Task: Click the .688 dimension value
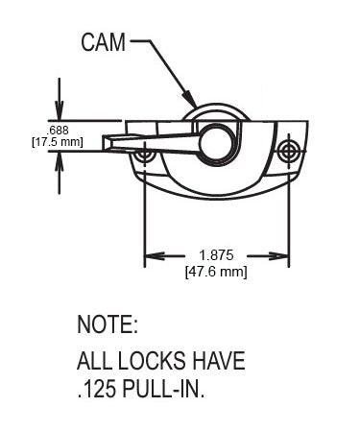coord(58,129)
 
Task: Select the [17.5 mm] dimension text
coord(58,142)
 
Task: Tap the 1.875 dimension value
coord(216,255)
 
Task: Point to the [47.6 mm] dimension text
coord(216,272)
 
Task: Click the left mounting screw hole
coord(144,154)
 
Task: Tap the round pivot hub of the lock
coord(221,144)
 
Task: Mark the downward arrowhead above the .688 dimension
coord(60,112)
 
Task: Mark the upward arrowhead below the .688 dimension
coord(60,160)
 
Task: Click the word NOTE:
coord(108,323)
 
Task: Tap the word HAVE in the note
coord(218,363)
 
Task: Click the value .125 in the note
coord(99,391)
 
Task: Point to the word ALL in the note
coord(94,363)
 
